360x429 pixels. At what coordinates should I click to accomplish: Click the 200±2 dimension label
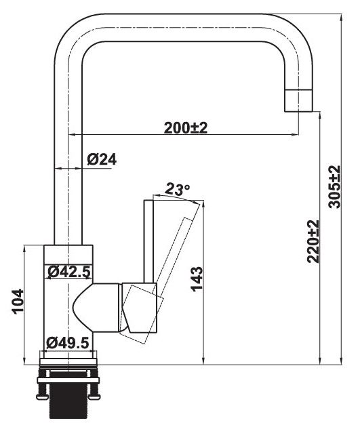tap(185, 127)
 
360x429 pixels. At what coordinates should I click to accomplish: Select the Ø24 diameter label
tap(102, 159)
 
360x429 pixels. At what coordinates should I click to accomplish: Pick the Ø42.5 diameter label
tap(68, 272)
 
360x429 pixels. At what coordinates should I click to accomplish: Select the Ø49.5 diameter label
tap(68, 343)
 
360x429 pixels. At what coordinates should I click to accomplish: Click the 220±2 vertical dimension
tap(313, 241)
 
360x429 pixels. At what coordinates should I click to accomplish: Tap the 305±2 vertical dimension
tap(334, 188)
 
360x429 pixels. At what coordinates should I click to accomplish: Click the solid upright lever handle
tap(150, 241)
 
